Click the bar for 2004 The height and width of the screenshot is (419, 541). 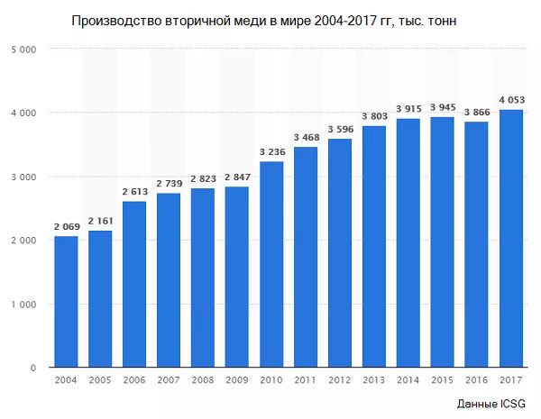pos(66,302)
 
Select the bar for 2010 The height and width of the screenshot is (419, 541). pos(271,265)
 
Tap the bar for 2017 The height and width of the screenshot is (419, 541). pos(511,239)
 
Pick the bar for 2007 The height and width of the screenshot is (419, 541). pos(169,280)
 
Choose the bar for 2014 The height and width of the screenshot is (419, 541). pos(408,243)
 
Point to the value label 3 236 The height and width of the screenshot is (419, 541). pos(271,153)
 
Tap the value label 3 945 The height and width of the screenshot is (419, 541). pos(443,108)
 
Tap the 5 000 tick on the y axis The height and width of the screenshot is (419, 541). pos(23,50)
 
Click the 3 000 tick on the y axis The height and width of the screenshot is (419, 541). pos(23,178)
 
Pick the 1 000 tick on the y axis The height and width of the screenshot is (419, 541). pos(23,305)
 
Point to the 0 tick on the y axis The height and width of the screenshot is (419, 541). pos(32,369)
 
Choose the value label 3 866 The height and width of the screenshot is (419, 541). pos(477,113)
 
